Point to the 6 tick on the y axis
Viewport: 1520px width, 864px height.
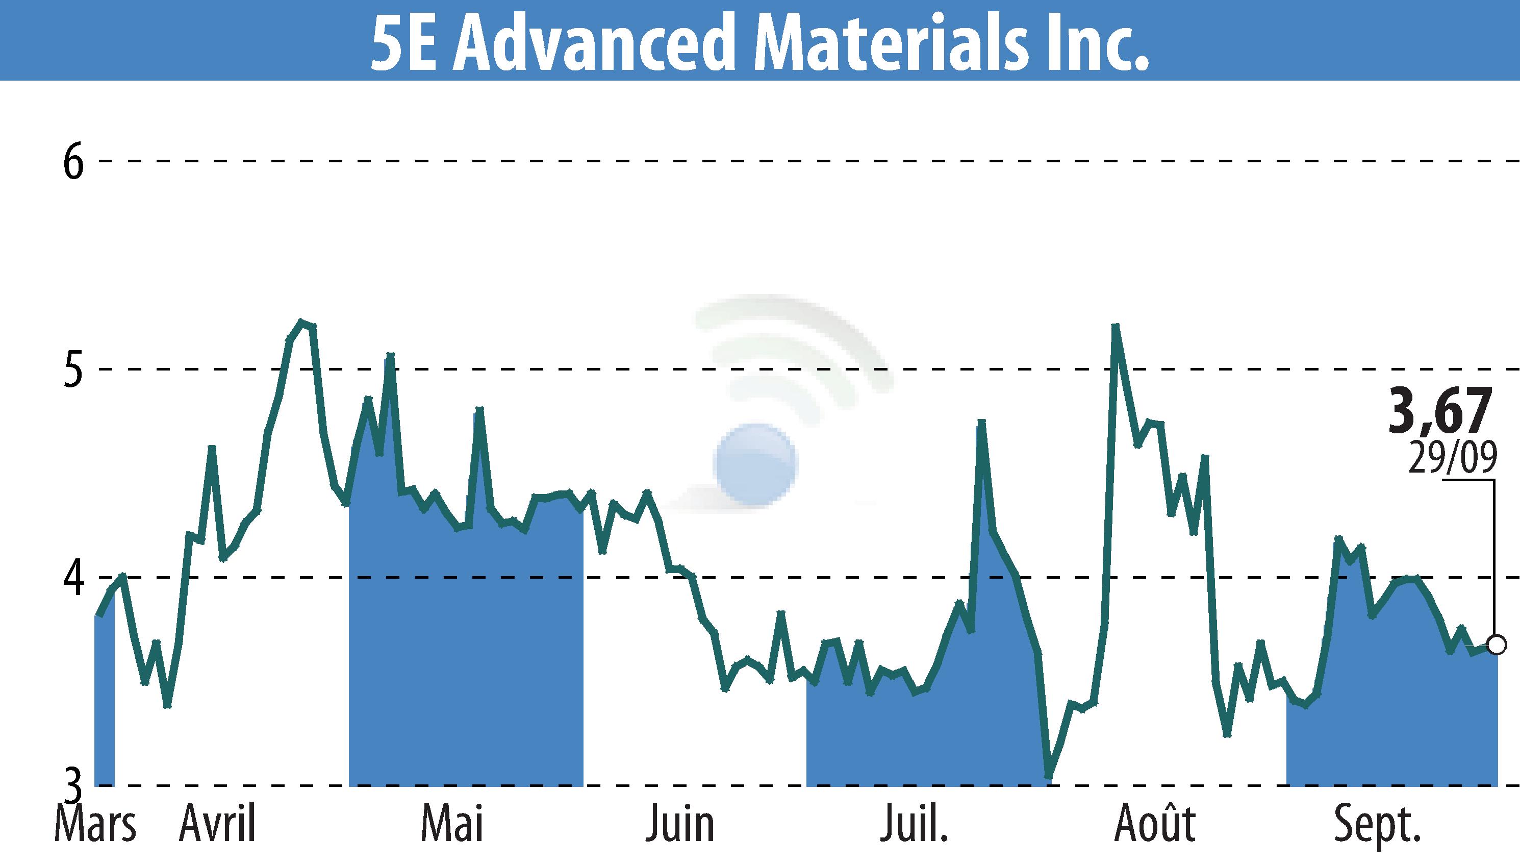[x=73, y=161]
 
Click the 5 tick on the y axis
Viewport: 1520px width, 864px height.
[x=73, y=369]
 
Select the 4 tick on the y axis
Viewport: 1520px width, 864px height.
[x=73, y=577]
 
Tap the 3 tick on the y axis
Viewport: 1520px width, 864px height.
[x=73, y=784]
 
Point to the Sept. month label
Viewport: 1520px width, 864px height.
[x=1377, y=825]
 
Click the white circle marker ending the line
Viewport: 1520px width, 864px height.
[x=1497, y=645]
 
